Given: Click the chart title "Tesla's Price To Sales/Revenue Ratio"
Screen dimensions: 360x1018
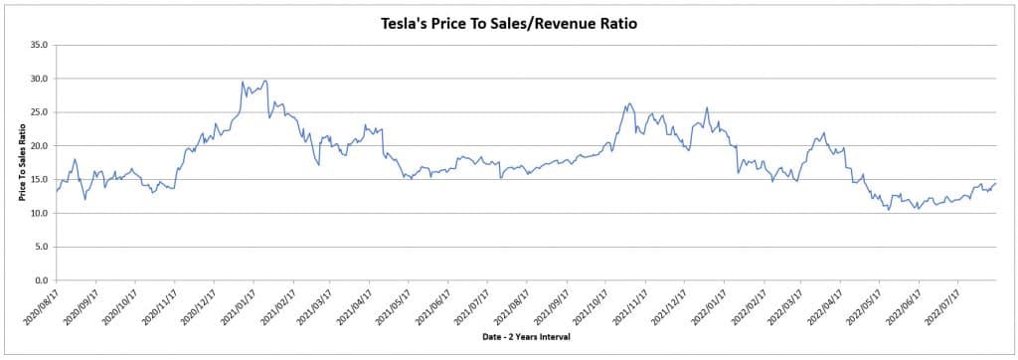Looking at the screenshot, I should (x=509, y=22).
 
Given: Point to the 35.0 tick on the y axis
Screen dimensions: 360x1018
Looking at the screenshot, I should (x=40, y=45).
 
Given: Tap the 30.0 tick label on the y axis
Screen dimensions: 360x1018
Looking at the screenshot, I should (x=40, y=79).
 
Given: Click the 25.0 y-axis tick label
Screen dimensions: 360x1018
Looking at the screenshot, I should (x=40, y=112).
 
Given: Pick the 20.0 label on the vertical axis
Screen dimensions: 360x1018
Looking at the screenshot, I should (x=40, y=146).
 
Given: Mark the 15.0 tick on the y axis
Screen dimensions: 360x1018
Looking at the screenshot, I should (x=40, y=180).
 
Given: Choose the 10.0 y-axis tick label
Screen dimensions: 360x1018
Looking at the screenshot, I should (x=40, y=214).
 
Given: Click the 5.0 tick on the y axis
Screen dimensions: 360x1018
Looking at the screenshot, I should (x=42, y=247).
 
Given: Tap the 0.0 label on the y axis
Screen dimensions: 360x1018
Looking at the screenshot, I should (x=42, y=280).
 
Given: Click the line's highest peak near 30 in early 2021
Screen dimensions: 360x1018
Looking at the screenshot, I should (x=264, y=81).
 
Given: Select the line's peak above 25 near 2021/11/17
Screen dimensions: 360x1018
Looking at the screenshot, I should (x=628, y=102).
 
